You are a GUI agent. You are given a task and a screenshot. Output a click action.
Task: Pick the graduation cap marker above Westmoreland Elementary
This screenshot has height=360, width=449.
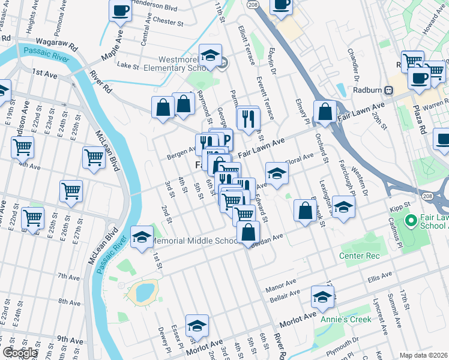(210, 55)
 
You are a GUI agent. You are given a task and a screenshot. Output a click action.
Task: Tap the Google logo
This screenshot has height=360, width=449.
(19, 353)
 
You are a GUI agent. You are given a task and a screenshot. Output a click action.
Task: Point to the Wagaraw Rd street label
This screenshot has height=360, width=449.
(57, 45)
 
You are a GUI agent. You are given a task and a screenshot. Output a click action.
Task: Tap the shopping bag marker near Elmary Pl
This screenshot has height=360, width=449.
(325, 112)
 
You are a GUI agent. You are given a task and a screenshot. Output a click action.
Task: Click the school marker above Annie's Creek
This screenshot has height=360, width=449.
(323, 297)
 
